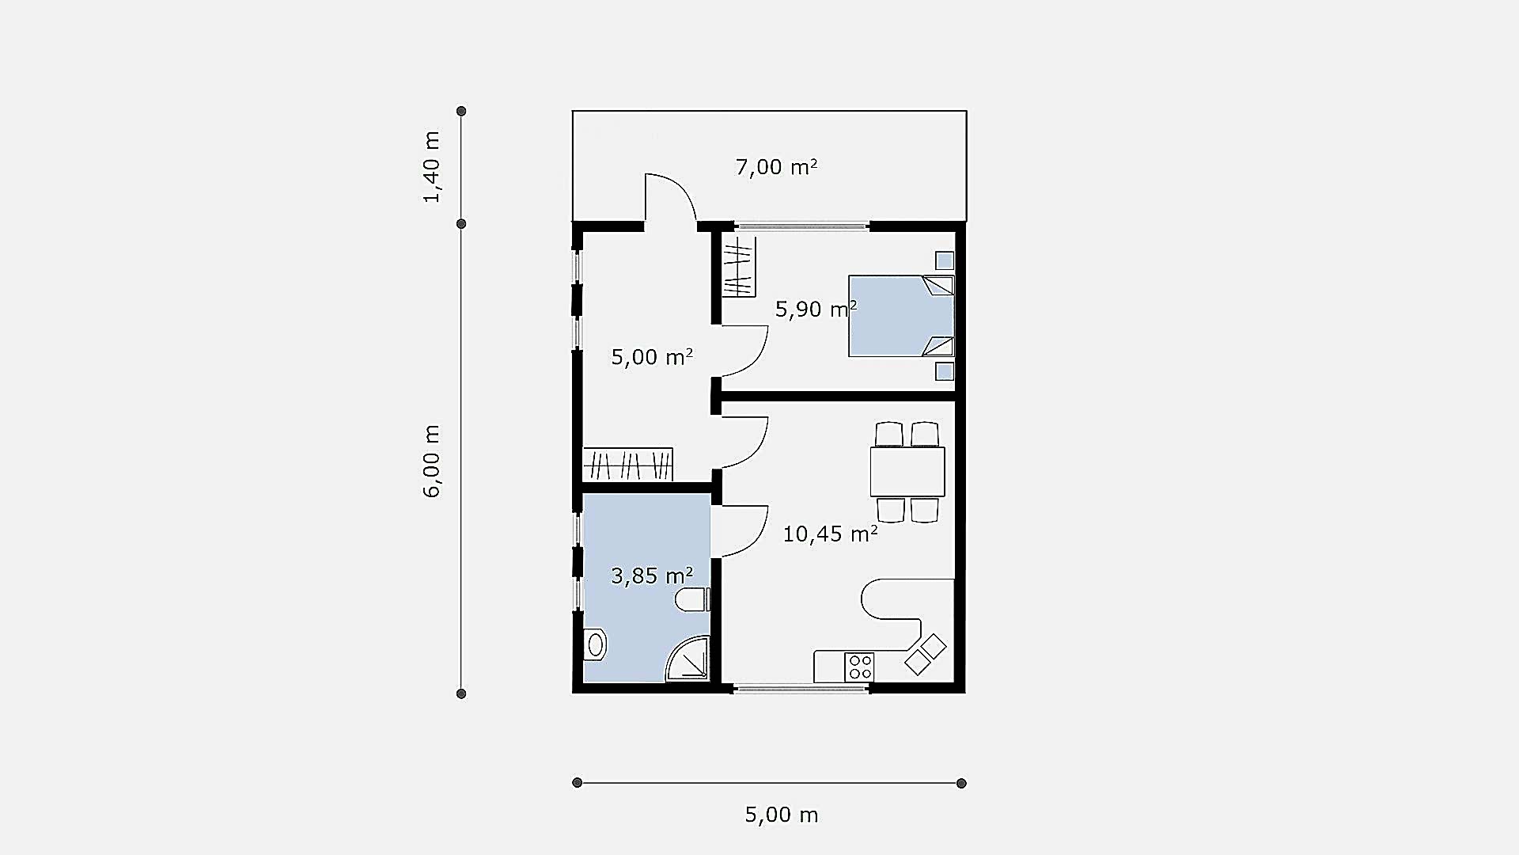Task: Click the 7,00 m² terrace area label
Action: click(776, 167)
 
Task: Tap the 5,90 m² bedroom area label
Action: click(816, 309)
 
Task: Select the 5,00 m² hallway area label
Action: click(652, 357)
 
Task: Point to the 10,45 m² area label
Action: click(830, 534)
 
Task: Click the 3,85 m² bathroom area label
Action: click(652, 576)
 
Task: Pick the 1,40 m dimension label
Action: click(431, 167)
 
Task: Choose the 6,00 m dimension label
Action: click(431, 462)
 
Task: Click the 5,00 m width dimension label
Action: click(782, 815)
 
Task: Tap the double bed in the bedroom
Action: click(901, 316)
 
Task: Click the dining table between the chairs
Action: click(907, 472)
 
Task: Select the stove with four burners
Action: click(859, 667)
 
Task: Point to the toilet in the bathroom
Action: click(692, 599)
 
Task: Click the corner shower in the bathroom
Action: click(688, 658)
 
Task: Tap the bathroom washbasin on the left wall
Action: click(594, 645)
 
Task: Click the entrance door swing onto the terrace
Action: click(671, 196)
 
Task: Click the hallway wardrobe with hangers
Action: click(627, 464)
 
